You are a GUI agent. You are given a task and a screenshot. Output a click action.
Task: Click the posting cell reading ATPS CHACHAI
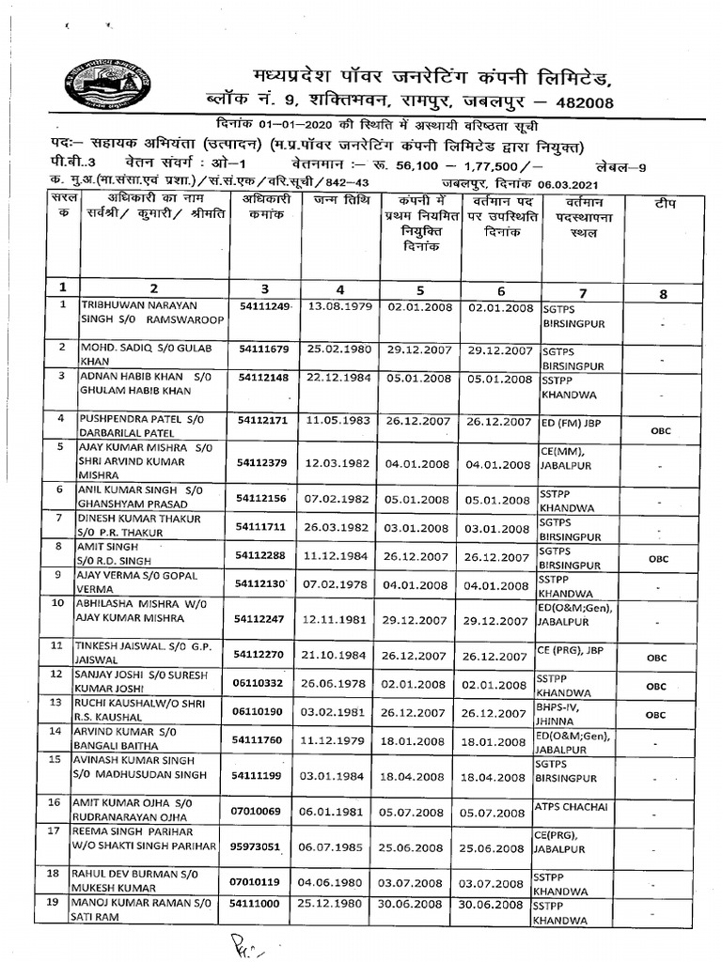pos(573,806)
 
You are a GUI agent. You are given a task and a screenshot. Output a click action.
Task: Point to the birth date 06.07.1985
pos(341,847)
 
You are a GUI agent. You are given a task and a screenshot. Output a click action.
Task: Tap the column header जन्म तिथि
pos(341,202)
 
